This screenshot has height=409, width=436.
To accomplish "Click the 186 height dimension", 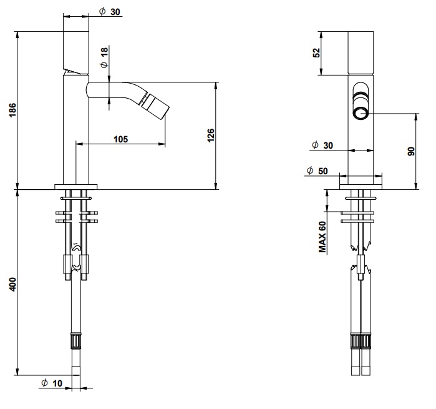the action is click(13, 110).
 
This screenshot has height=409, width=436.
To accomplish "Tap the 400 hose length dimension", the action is click(13, 284).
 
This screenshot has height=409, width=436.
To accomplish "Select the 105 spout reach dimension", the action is click(120, 139).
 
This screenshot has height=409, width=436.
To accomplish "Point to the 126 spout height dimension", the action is click(211, 136).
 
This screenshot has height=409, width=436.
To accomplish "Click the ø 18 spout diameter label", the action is click(104, 57).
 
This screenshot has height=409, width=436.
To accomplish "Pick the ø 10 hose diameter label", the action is click(52, 383).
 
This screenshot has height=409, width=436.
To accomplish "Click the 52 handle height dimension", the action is click(317, 53).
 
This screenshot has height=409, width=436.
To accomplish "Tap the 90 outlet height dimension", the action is click(411, 151).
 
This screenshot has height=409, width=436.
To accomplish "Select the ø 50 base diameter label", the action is click(317, 170).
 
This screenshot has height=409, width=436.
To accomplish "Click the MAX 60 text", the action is click(322, 237).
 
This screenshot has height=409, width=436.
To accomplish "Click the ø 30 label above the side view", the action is click(110, 12).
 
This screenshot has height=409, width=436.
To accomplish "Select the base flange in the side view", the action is click(76, 187).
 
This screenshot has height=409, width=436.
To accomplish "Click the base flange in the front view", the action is click(361, 187).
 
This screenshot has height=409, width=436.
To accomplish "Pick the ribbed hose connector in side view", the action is click(76, 340).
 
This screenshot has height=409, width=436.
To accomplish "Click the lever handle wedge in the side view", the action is click(75, 72).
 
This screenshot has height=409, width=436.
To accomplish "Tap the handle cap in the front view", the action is click(361, 53).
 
